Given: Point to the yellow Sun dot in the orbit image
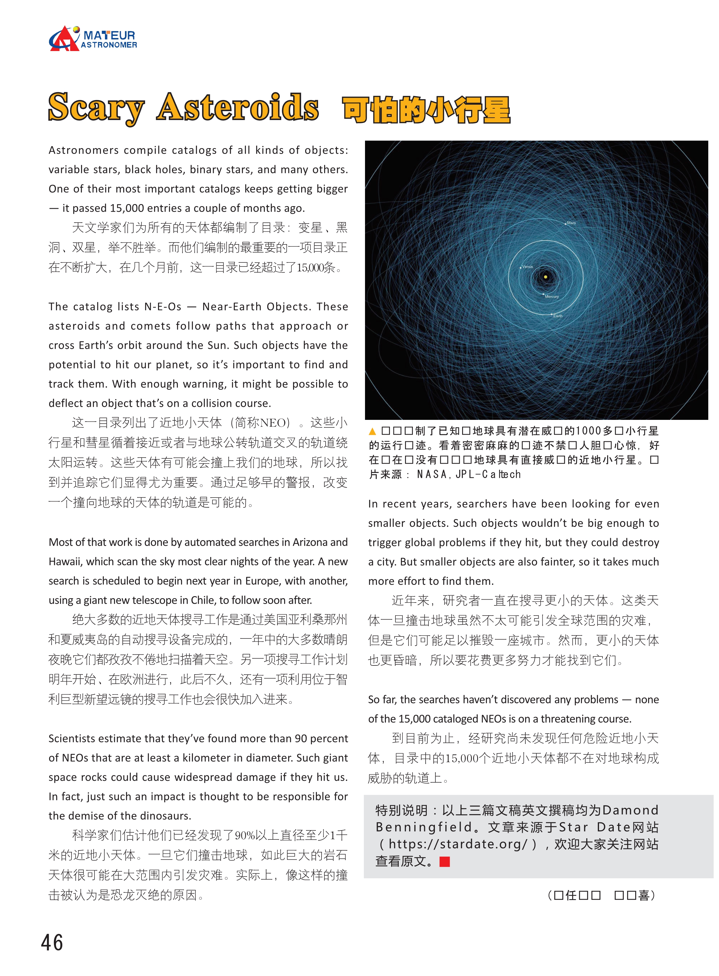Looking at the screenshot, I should click(x=545, y=276).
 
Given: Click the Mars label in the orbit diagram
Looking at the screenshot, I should click(x=571, y=223).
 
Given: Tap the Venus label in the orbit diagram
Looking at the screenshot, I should click(x=527, y=267).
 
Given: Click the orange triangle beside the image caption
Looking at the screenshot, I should click(x=372, y=431).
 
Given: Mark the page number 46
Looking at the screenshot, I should click(x=52, y=942).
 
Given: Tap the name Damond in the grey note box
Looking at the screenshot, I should click(x=630, y=810).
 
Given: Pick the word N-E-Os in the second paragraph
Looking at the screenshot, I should click(x=162, y=306).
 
